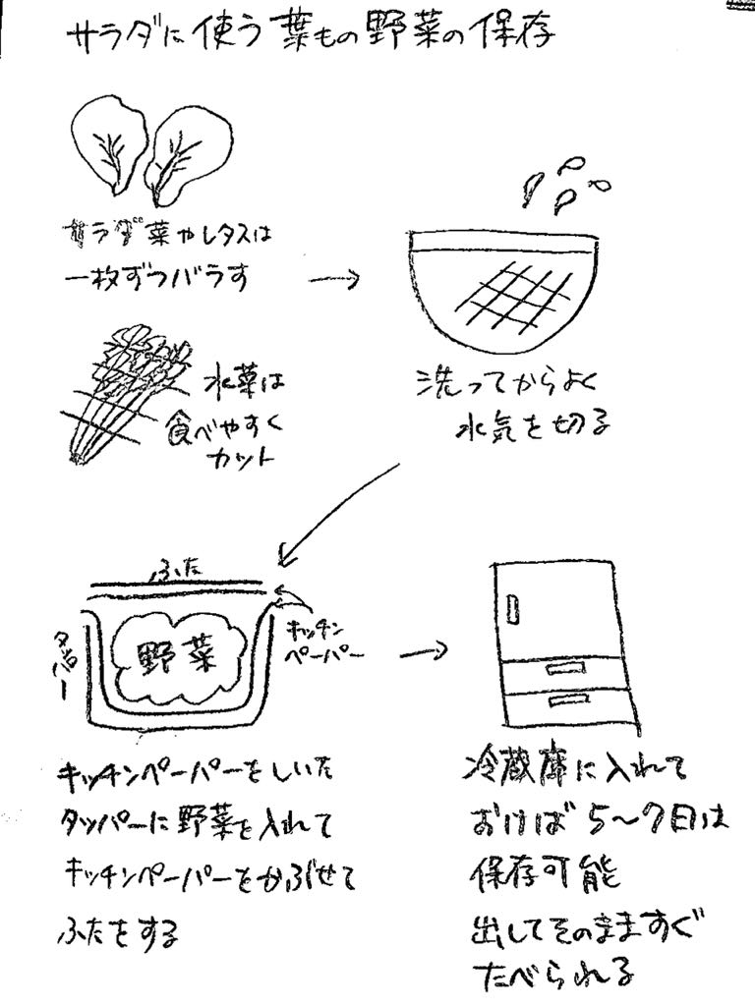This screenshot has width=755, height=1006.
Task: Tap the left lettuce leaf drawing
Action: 107,145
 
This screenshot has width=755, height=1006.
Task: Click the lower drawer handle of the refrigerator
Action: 567,699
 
